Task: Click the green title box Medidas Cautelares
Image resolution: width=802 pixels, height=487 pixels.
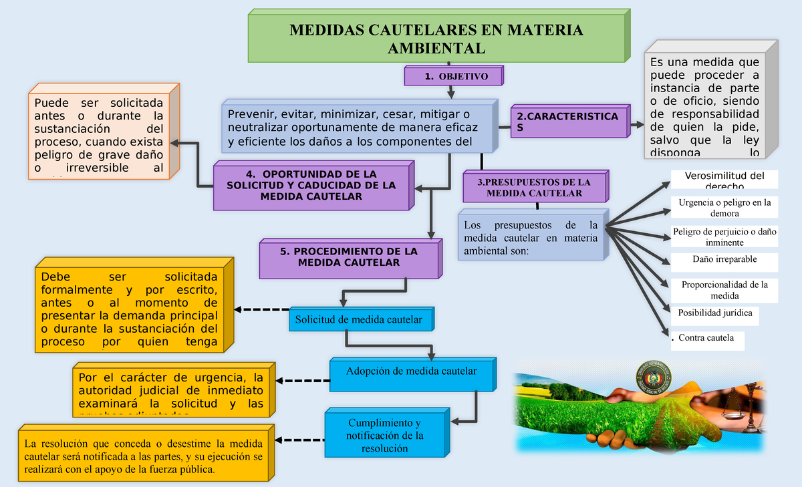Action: [436, 39]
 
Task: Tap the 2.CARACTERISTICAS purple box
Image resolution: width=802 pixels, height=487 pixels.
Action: [567, 122]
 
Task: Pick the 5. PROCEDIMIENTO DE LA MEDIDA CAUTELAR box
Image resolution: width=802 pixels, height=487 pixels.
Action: [348, 258]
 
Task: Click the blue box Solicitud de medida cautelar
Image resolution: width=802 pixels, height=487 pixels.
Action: [359, 319]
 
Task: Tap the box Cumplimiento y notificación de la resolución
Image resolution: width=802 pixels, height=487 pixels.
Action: [384, 436]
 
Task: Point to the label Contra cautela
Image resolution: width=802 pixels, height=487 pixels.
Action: [706, 339]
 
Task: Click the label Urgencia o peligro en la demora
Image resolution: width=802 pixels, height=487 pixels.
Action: [724, 208]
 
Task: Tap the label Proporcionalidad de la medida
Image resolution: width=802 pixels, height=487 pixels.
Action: [724, 290]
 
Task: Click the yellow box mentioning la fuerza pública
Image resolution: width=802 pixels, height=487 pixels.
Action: [144, 456]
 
